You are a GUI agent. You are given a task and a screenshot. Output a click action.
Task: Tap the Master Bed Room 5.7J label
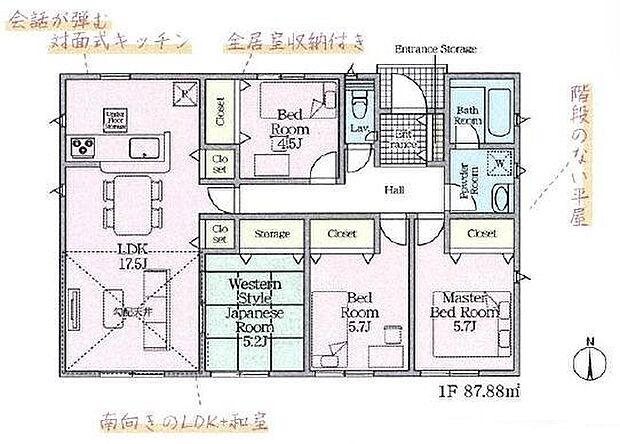click(x=467, y=305)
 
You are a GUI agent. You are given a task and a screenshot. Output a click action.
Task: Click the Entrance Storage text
click(x=436, y=48)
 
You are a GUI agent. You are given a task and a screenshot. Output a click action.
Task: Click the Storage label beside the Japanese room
click(x=271, y=234)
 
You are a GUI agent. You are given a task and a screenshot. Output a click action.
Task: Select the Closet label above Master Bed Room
click(x=480, y=234)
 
